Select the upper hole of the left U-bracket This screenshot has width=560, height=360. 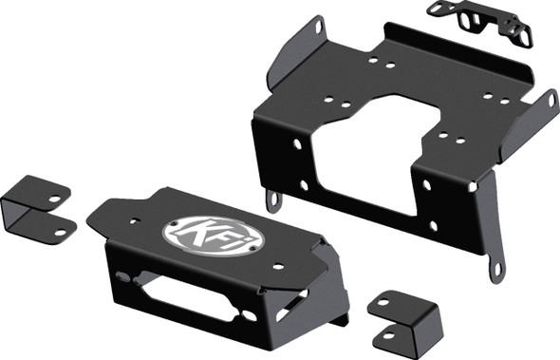tap(55, 199)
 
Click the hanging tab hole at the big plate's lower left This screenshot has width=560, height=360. tap(273, 199)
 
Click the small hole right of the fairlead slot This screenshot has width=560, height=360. tap(249, 314)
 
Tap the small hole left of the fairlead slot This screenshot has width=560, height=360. tap(123, 276)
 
